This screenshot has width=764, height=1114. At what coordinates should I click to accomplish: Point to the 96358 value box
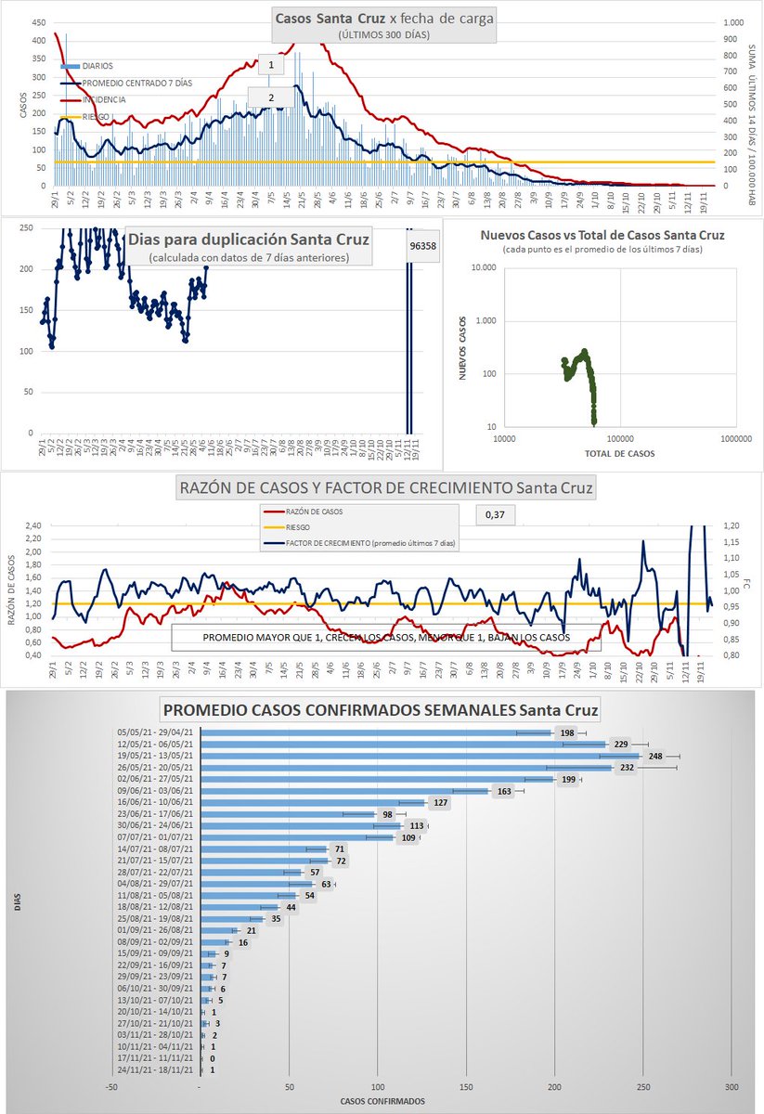tap(422, 248)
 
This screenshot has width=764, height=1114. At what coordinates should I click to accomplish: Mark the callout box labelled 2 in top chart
tap(270, 97)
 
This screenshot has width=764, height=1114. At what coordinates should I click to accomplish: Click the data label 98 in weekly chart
tap(387, 815)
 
